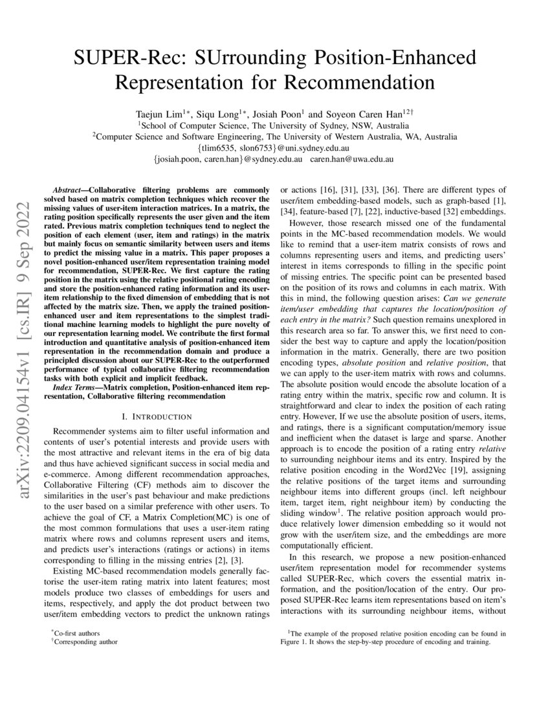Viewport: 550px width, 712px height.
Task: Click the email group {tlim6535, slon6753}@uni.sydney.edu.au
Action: tap(274, 148)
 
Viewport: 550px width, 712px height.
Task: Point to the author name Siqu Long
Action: tap(221, 113)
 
